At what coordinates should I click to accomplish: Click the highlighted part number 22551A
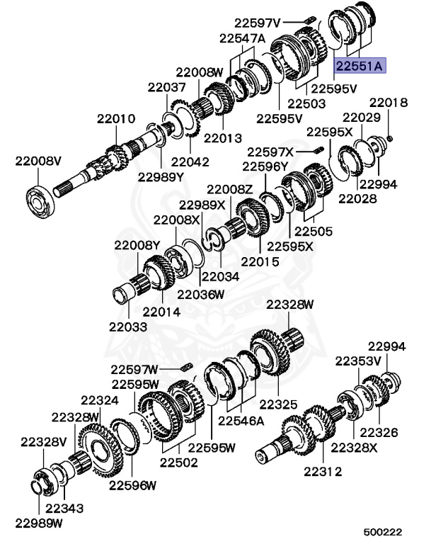point(360,66)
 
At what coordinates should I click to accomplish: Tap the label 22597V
point(257,23)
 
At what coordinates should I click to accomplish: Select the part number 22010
point(116,119)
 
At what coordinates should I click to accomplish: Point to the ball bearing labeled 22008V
point(40,203)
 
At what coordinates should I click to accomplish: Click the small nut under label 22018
point(389,139)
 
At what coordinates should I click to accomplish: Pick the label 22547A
point(242,38)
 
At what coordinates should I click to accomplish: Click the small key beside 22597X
point(318,150)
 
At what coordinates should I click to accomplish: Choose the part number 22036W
point(201,295)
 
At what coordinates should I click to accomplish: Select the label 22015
point(260,261)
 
